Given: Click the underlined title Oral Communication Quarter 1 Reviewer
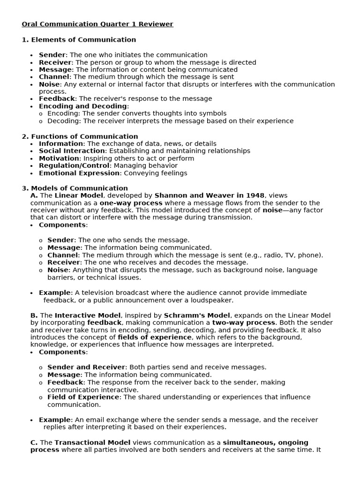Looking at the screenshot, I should [97, 24].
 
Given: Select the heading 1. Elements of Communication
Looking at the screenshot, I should [79, 40].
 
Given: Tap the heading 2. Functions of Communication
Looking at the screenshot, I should [80, 136].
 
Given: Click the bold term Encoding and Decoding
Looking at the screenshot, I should [83, 106].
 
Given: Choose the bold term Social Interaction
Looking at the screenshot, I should [72, 151].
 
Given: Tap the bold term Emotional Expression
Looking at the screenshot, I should [79, 173].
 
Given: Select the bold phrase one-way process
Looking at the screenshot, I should [131, 203].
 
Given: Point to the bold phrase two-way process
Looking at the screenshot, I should [243, 323].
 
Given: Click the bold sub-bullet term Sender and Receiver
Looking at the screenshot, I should [86, 367].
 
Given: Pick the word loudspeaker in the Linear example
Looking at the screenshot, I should [212, 300].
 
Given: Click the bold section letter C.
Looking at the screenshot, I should [34, 442].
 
